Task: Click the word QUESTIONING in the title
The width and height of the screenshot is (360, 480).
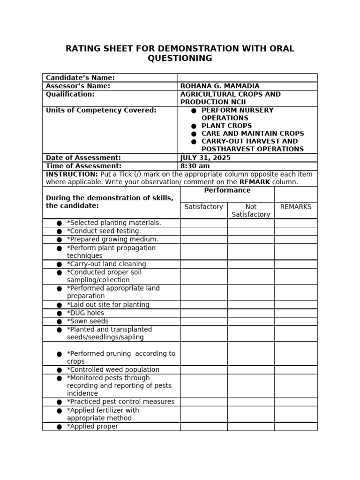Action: pos(180,59)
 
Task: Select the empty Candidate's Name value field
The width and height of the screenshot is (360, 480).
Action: pos(247,78)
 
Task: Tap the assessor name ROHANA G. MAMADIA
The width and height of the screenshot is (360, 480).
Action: pos(220,86)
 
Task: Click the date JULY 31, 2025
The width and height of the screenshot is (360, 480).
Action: pos(205,158)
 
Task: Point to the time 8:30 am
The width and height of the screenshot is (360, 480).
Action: pos(195,166)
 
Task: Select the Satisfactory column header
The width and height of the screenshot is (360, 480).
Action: pos(204,207)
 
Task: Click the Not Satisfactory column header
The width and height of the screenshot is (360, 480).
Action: pos(251,210)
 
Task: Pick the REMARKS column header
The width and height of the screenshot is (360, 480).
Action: pos(296,207)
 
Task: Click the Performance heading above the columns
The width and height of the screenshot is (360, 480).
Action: pos(227,190)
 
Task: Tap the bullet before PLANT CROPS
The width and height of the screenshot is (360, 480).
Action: pos(194,126)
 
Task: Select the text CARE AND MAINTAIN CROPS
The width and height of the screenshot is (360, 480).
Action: pos(253,134)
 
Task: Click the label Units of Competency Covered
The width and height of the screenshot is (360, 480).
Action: pos(101,110)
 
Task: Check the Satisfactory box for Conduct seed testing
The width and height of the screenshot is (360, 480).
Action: pos(204,231)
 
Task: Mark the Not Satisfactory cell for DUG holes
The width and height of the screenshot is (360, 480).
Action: pos(251,313)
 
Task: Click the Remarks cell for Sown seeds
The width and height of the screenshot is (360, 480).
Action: pos(296,322)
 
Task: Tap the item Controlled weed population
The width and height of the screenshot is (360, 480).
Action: pos(113,370)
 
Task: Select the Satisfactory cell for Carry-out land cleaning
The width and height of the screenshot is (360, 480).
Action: pos(204,264)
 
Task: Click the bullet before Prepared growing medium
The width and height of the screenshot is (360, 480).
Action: pos(59,240)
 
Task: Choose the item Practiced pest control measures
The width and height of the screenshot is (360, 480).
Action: pos(120,402)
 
